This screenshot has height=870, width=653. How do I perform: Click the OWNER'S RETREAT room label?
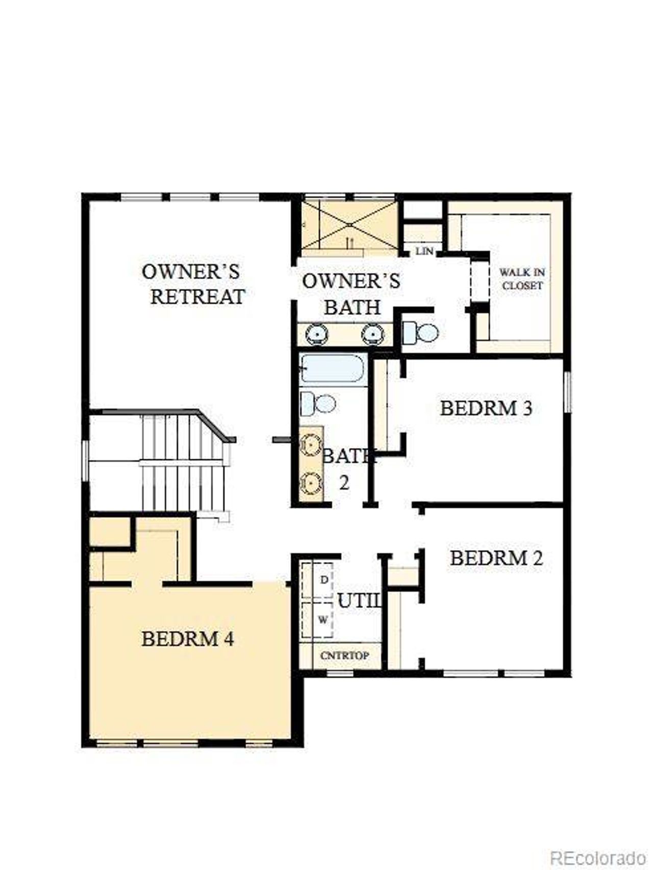click(194, 284)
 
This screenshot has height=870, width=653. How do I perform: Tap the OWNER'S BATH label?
click(351, 294)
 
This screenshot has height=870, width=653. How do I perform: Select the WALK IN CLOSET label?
click(522, 279)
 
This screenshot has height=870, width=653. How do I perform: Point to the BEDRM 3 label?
click(486, 408)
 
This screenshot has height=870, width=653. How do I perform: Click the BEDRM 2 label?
click(496, 558)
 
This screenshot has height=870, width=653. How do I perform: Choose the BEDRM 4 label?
click(188, 639)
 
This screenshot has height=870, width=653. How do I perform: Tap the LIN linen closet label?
click(424, 251)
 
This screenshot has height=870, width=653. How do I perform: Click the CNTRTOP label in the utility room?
click(344, 656)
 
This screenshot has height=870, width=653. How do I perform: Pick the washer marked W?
click(322, 620)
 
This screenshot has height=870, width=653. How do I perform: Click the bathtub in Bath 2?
click(332, 368)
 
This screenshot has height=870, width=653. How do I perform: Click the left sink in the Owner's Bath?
click(317, 334)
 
